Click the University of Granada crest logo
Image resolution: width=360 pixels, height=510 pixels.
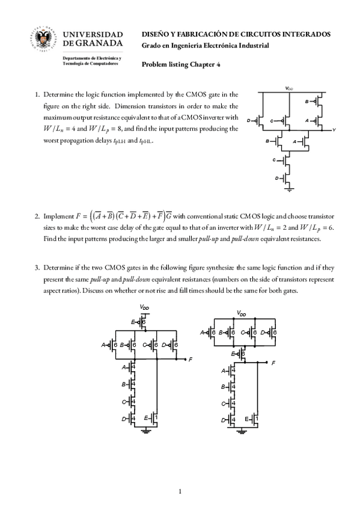44,38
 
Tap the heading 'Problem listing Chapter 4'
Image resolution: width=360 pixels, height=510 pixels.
181,64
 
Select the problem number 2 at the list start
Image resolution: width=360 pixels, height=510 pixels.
37,217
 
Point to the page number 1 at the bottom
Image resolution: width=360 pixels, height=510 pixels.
180,491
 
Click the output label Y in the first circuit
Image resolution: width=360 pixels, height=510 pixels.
334,130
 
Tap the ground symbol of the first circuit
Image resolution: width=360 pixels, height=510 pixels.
289,189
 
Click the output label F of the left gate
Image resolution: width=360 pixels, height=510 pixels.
191,360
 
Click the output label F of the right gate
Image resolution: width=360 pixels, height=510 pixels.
273,363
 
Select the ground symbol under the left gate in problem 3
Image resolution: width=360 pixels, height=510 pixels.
146,431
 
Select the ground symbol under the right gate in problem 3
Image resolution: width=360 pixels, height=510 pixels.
241,432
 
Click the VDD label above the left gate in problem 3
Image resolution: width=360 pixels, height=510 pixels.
145,307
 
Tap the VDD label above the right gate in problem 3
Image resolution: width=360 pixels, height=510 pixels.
242,313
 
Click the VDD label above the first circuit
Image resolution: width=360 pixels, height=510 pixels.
289,88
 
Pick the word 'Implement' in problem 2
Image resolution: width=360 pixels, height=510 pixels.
58,217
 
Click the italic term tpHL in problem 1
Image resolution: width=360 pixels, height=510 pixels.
145,141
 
